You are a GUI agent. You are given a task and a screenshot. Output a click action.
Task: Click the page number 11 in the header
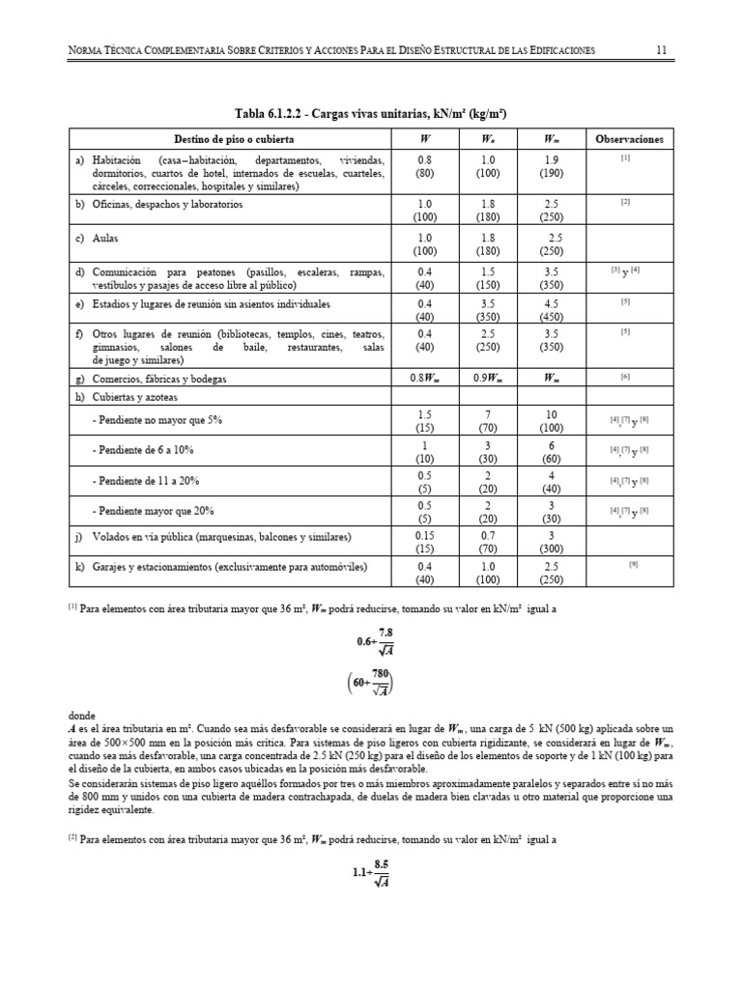pyautogui.click(x=662, y=49)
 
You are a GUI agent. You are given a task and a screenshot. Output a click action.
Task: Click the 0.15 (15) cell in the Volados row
pyautogui.click(x=424, y=542)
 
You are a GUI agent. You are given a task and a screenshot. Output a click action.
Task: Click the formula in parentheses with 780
pyautogui.click(x=371, y=688)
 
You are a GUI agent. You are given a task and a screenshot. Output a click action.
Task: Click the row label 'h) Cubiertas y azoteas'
pyautogui.click(x=125, y=396)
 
